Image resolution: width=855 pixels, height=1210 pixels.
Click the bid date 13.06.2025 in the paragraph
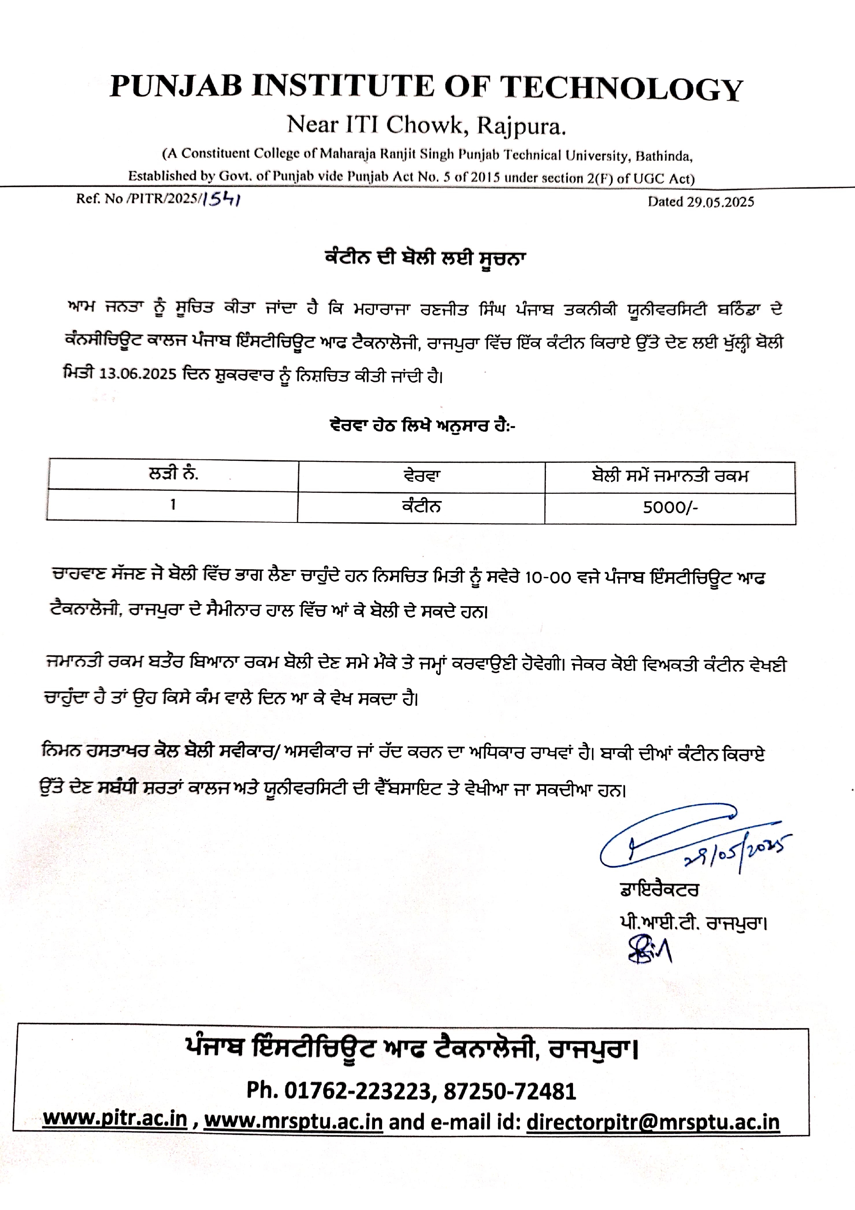click(138, 374)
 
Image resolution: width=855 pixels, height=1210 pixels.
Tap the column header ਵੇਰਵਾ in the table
click(421, 476)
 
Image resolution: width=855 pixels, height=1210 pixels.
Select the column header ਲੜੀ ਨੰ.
click(173, 474)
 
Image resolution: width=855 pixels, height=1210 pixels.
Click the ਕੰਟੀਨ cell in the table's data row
click(421, 507)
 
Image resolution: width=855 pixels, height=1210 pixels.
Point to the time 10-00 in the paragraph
click(548, 578)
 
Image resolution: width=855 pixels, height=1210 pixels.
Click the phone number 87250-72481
click(510, 1091)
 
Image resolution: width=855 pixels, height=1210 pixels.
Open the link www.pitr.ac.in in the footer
click(115, 1119)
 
